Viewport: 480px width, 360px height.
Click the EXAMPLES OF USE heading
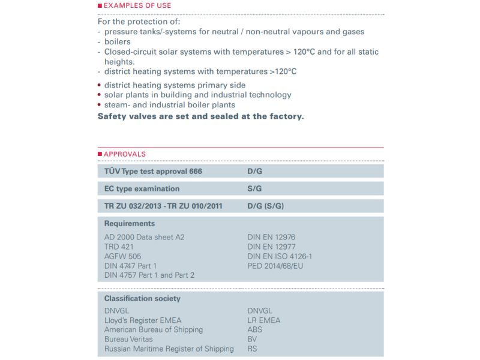137,5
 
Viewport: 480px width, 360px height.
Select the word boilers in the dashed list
118,42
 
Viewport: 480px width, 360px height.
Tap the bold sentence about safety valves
200,116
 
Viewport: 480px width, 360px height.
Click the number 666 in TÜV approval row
196,171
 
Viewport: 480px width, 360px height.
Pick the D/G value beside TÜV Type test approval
255,171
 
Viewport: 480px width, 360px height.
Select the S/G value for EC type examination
254,188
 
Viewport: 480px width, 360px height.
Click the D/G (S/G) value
265,206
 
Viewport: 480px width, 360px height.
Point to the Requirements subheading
130,224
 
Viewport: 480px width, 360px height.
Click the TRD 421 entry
119,247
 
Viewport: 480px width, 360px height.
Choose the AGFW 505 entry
122,256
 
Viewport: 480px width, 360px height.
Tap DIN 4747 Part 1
130,266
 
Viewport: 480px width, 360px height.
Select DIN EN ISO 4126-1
280,256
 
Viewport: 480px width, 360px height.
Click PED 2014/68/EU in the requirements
275,266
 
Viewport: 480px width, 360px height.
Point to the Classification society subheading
142,298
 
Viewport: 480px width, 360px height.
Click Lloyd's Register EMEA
143,320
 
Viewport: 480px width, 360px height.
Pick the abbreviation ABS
255,329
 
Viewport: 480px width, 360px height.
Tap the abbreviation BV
252,339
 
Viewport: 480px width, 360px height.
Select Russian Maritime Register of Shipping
169,349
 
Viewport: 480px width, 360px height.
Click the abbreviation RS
252,349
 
